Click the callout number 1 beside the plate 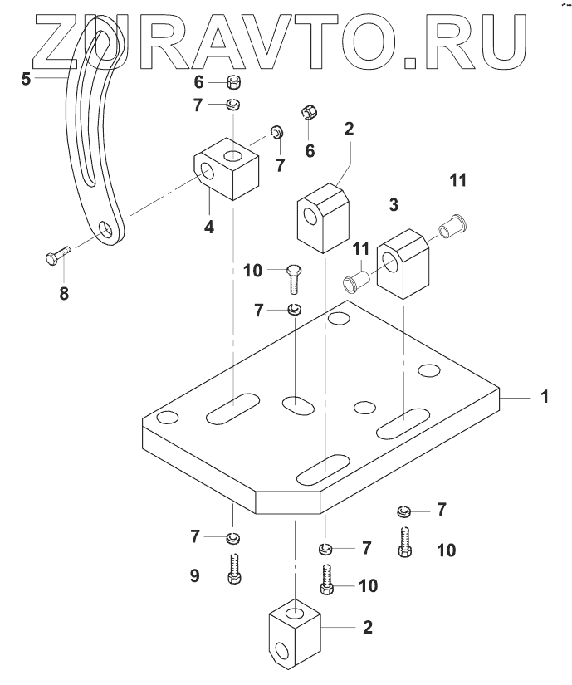point(545,398)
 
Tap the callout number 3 point(394,204)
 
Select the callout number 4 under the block point(210,226)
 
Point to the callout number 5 point(25,80)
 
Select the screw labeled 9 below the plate point(233,569)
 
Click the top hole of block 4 point(232,155)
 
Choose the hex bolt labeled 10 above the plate point(295,280)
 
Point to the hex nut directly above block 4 point(233,82)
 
